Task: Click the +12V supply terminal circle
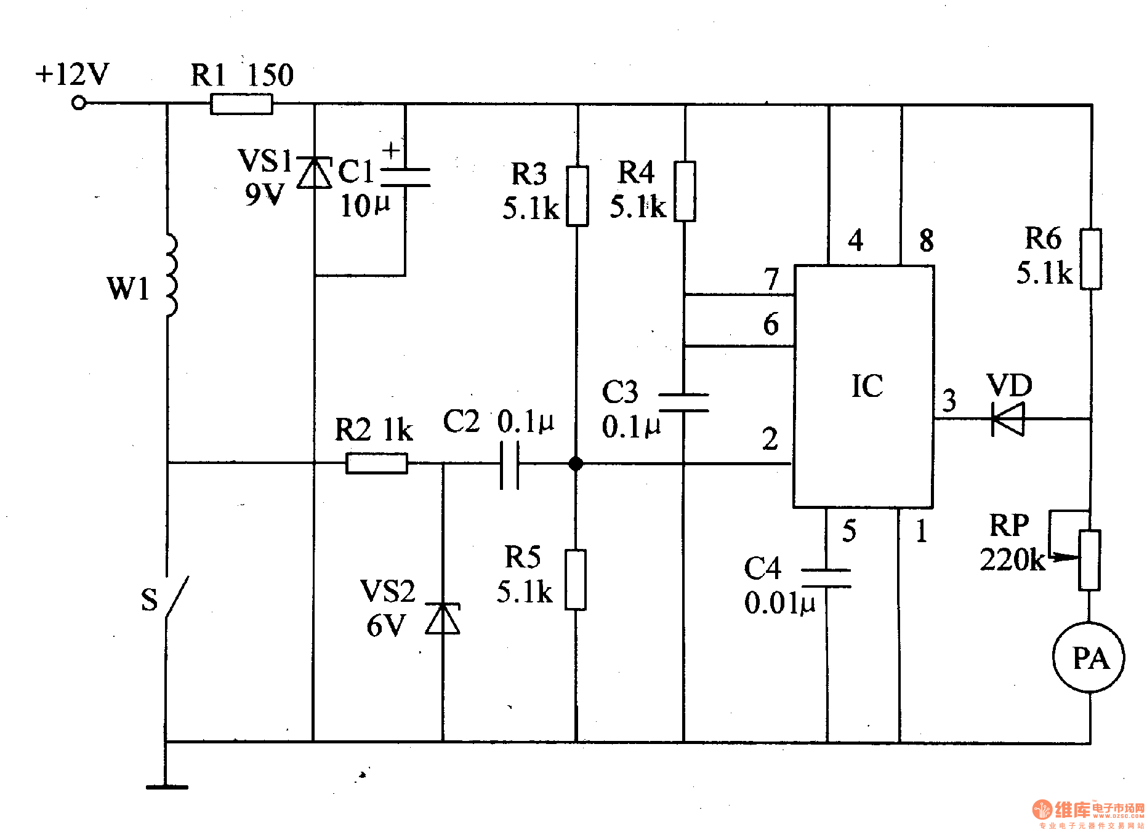tap(79, 103)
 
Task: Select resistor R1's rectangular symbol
tap(241, 104)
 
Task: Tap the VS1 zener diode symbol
tap(314, 173)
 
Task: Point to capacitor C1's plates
tap(405, 177)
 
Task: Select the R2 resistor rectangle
tap(377, 463)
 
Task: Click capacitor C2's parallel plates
tap(509, 465)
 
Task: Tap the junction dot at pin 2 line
tap(576, 463)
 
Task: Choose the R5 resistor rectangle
tap(576, 580)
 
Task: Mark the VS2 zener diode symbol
tap(443, 618)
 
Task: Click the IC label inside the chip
tap(867, 386)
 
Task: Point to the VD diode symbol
tap(1008, 419)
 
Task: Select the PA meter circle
tap(1089, 657)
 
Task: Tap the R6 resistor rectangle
tap(1091, 259)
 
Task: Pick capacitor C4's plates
tap(826, 578)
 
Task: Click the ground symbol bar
tap(167, 786)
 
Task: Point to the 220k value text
tap(1012, 560)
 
